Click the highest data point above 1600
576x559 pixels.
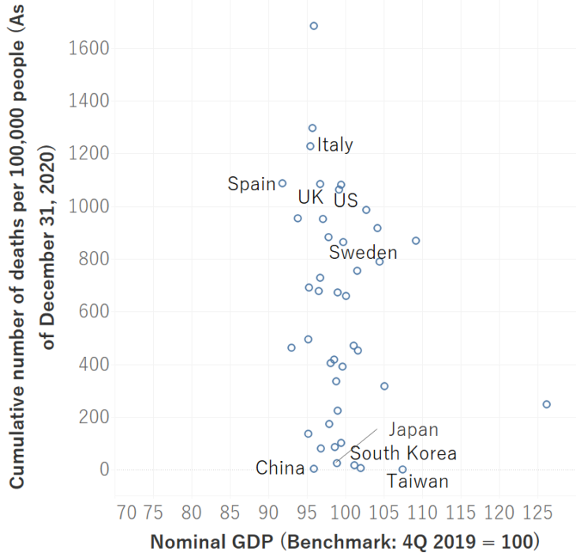(313, 26)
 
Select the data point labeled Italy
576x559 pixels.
(311, 146)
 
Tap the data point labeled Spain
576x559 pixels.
(282, 183)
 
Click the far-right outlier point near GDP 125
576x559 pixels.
(546, 404)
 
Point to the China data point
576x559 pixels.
(313, 468)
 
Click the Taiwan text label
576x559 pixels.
(417, 482)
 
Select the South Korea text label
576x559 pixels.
(403, 453)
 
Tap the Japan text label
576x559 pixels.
(413, 430)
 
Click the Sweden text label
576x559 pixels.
(363, 253)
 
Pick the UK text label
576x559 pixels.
(311, 197)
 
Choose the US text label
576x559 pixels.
(346, 201)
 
